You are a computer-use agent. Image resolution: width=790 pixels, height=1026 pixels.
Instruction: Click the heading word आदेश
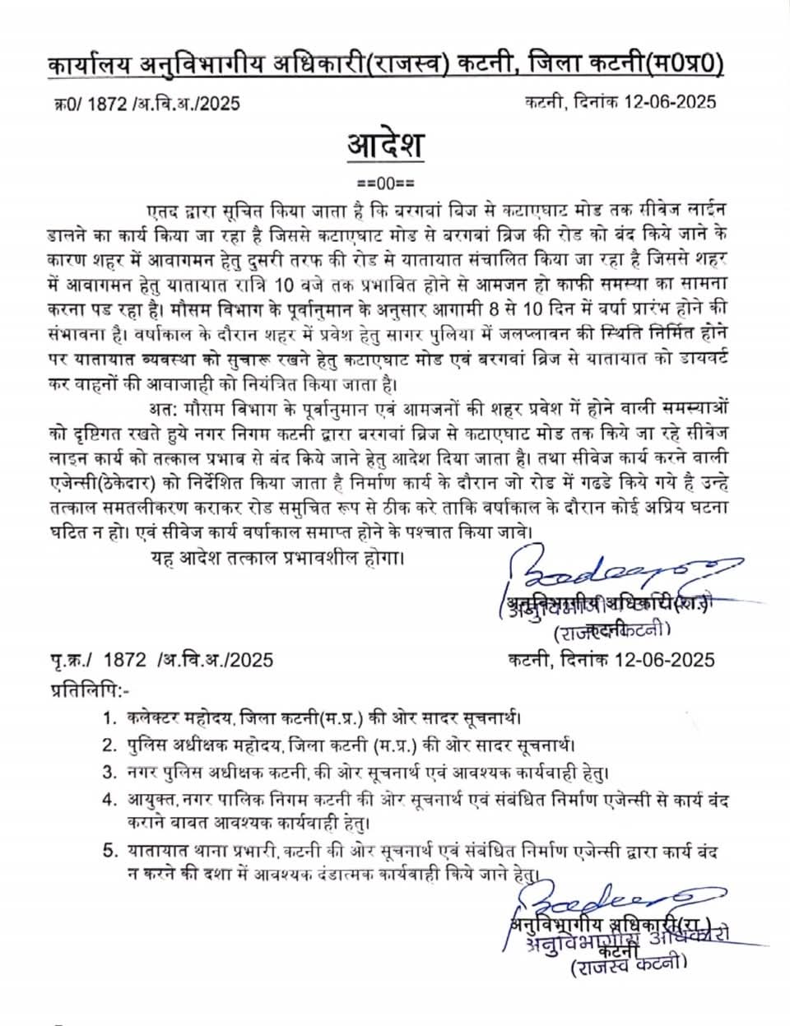385,146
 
